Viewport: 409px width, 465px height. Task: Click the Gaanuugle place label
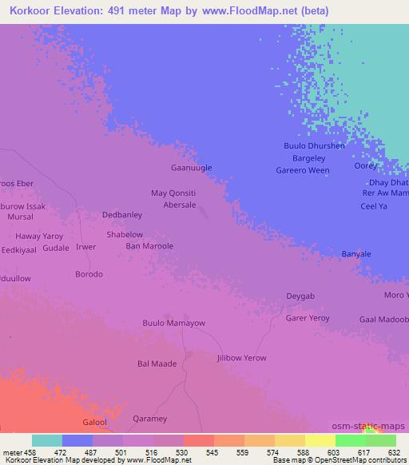pyautogui.click(x=193, y=168)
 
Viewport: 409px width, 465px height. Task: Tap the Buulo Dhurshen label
pyautogui.click(x=315, y=146)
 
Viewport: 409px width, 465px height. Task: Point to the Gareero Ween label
pyautogui.click(x=302, y=170)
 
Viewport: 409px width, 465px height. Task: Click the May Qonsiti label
pyautogui.click(x=173, y=193)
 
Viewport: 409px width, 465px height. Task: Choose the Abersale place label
pyautogui.click(x=180, y=205)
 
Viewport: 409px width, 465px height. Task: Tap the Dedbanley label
pyautogui.click(x=122, y=215)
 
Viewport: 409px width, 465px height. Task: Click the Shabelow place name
pyautogui.click(x=125, y=235)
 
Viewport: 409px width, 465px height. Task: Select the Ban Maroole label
pyautogui.click(x=149, y=246)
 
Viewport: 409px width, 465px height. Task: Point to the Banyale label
pyautogui.click(x=356, y=254)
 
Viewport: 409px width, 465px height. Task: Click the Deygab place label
pyautogui.click(x=300, y=296)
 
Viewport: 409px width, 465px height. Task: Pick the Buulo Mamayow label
pyautogui.click(x=173, y=324)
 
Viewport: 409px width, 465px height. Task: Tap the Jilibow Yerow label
pyautogui.click(x=241, y=358)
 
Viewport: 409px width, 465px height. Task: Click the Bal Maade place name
pyautogui.click(x=157, y=364)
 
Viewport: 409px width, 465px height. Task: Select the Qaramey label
pyautogui.click(x=150, y=419)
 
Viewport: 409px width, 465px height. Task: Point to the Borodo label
pyautogui.click(x=89, y=274)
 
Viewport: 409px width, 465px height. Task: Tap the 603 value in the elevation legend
pyautogui.click(x=320, y=452)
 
